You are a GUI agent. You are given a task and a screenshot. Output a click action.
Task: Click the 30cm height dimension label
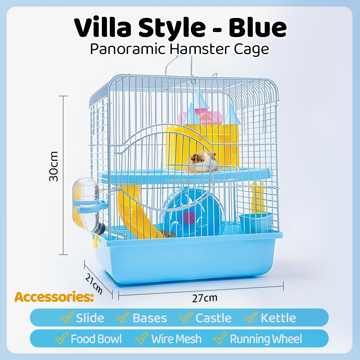click(54, 166)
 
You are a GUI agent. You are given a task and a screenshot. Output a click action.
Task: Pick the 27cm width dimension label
click(204, 298)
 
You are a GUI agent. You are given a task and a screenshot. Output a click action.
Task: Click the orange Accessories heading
click(54, 297)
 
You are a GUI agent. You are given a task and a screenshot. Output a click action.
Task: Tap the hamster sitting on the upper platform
click(201, 163)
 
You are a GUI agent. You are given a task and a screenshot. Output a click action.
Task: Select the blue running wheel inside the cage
click(192, 212)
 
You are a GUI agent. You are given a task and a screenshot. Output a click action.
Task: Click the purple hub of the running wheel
click(189, 217)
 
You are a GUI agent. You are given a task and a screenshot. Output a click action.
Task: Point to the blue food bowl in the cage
click(256, 223)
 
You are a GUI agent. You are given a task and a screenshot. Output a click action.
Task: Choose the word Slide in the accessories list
click(90, 318)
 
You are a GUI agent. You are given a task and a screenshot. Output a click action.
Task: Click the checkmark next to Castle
click(186, 317)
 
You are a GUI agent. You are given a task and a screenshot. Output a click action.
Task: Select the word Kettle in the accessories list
click(278, 318)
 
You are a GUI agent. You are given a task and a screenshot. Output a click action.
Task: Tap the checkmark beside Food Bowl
click(61, 338)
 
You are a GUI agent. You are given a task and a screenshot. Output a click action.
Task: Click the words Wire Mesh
click(176, 339)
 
